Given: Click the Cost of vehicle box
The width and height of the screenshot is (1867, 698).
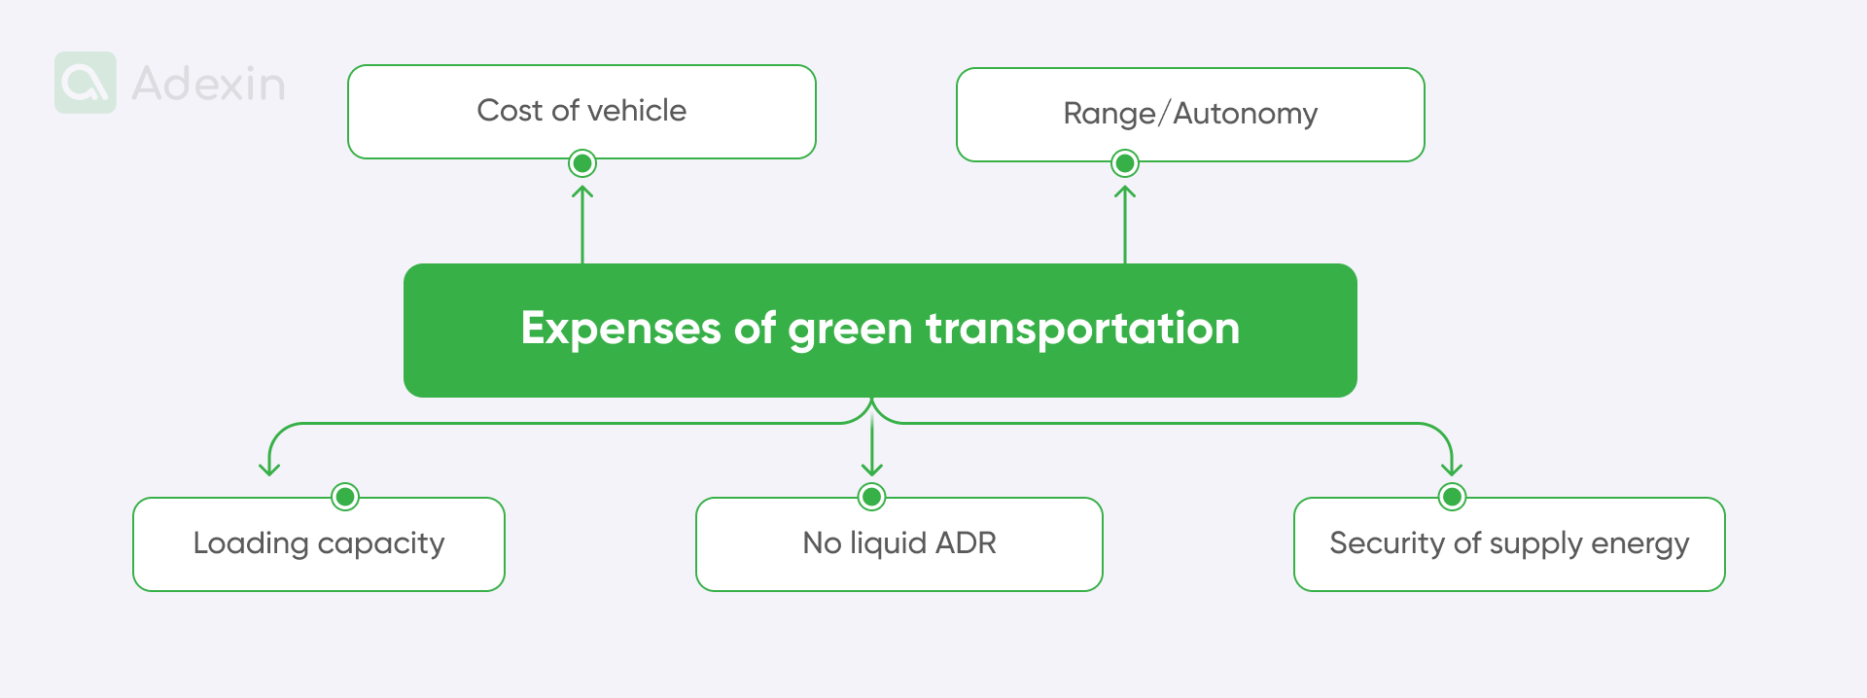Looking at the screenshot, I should tap(581, 111).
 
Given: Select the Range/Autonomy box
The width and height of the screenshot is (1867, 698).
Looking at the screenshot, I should tap(1190, 114).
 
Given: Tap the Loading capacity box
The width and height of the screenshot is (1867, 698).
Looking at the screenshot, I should tap(319, 543).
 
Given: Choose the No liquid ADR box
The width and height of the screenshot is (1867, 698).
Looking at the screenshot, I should tap(898, 543).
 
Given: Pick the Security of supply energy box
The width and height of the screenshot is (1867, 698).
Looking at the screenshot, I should tap(1509, 543).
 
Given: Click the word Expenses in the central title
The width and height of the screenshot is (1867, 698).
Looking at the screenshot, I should tap(620, 329).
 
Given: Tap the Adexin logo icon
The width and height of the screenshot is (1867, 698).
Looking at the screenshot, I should tap(86, 83).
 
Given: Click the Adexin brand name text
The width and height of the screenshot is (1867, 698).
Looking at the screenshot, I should tap(208, 84).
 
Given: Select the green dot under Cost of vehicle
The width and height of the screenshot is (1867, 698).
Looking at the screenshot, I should tap(582, 163).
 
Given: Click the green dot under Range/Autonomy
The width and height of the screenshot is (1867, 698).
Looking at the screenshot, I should tap(1125, 163).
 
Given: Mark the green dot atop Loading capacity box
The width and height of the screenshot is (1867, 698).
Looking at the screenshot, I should tap(345, 497).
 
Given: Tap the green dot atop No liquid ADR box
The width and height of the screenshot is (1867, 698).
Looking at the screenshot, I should tap(872, 497).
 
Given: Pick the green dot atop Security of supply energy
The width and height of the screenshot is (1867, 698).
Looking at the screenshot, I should tap(1452, 497).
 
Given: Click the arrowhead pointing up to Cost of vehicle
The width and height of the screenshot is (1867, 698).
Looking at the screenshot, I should tap(582, 191).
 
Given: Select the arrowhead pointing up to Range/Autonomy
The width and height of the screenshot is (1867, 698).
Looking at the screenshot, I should tap(1125, 191).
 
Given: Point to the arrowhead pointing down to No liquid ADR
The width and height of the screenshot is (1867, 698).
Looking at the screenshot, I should tap(872, 471).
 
